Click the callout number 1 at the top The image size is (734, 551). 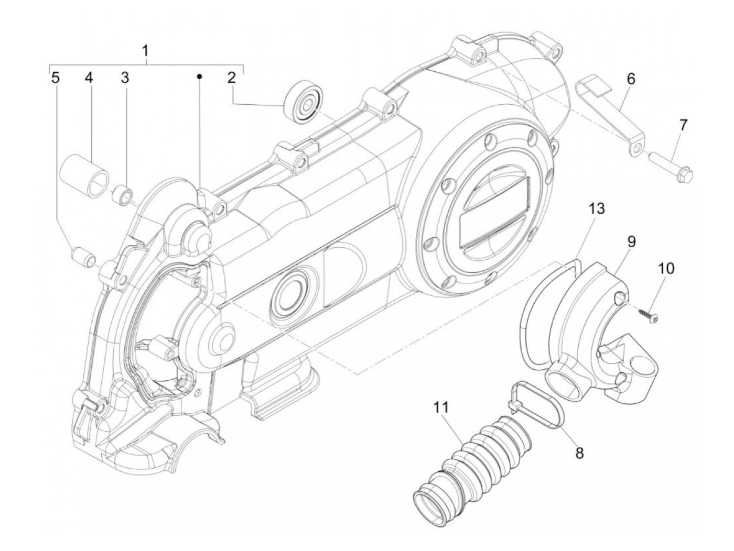[x=145, y=52]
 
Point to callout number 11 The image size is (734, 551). [x=441, y=407]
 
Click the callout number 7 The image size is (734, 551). [x=683, y=125]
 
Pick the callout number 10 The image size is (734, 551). [x=666, y=269]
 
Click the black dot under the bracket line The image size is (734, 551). [x=199, y=76]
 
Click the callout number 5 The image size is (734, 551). [x=55, y=78]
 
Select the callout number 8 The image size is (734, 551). [x=580, y=454]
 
